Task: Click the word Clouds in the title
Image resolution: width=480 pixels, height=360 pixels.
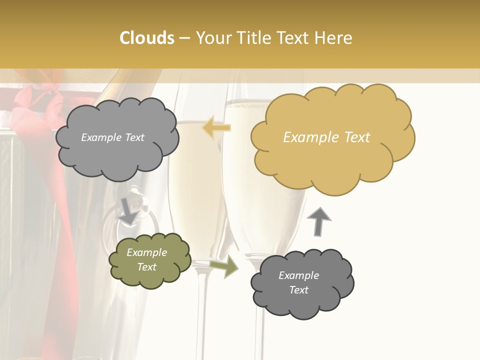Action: pyautogui.click(x=147, y=38)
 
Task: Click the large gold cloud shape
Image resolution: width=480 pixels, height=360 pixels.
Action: pyautogui.click(x=332, y=137)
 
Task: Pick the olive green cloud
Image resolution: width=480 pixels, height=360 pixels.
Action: pyautogui.click(x=149, y=260)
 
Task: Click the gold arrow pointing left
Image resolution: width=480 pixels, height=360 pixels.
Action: pyautogui.click(x=216, y=127)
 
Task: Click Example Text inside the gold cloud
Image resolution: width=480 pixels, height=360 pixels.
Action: pyautogui.click(x=326, y=137)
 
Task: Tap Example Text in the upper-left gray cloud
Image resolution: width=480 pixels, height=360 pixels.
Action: pyautogui.click(x=112, y=137)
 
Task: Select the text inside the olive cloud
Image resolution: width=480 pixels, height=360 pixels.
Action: pyautogui.click(x=146, y=260)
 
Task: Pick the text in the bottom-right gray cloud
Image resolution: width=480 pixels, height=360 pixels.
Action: pyautogui.click(x=298, y=282)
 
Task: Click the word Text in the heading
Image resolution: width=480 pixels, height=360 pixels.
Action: pyautogui.click(x=294, y=38)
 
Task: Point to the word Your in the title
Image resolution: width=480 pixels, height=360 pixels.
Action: pyautogui.click(x=212, y=38)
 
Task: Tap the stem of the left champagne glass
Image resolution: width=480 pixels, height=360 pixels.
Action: pyautogui.click(x=201, y=310)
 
